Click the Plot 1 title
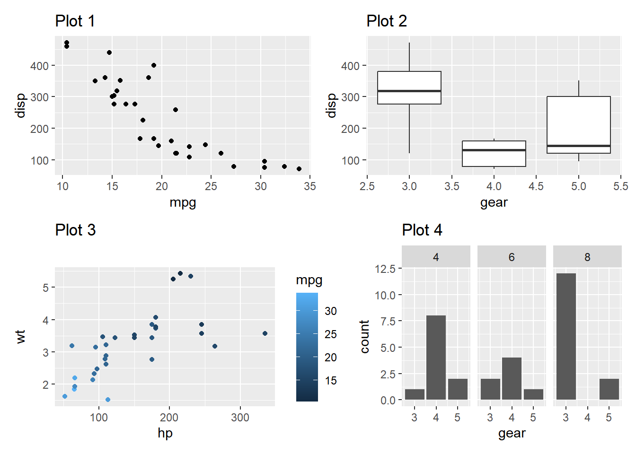pos(75,21)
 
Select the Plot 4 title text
pos(422,230)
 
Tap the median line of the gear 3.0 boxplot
pos(409,91)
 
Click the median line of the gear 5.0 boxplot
pos(578,146)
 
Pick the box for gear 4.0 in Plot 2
pos(494,154)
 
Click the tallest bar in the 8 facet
pos(566,337)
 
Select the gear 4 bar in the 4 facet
pos(436,358)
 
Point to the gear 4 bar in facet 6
pos(512,378)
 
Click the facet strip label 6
pos(512,257)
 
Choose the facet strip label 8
pos(587,257)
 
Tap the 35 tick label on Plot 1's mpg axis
pos(310,186)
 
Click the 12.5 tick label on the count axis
pos(385,269)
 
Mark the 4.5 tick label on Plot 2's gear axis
pos(536,186)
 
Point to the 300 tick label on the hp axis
pos(240,418)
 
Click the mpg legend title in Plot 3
pos(309,280)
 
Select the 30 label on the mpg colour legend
pos(331,311)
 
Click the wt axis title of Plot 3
pos(20,337)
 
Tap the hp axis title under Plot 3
pos(165,433)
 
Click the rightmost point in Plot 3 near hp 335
pos(265,333)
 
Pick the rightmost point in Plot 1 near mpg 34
pos(299,169)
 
